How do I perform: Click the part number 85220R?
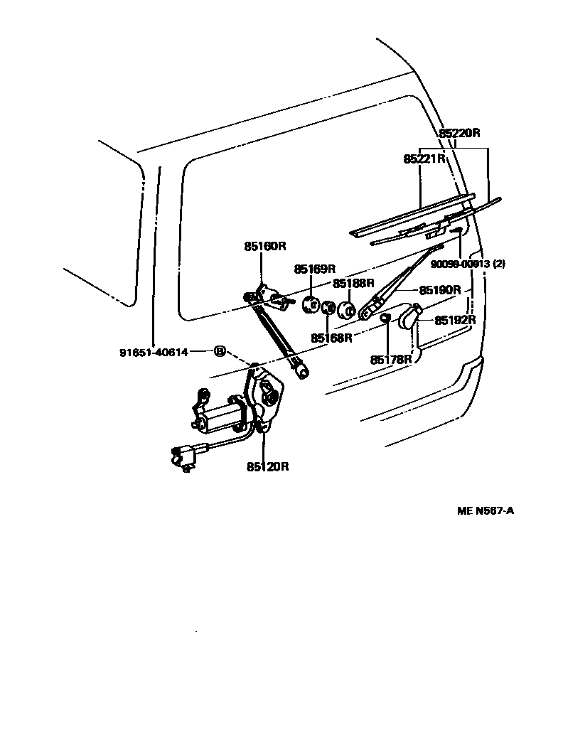point(459,133)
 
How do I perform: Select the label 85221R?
point(424,159)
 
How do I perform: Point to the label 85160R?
point(264,247)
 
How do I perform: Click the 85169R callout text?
point(315,269)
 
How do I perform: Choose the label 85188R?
point(353,283)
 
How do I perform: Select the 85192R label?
point(455,320)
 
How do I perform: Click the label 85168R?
point(331,338)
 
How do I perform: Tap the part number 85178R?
point(391,360)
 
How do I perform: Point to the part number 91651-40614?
point(154,352)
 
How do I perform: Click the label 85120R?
point(268,467)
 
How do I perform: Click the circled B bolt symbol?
point(220,351)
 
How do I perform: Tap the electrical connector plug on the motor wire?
point(182,456)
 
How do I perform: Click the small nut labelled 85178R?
point(385,317)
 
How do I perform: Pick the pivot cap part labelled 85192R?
point(409,316)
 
